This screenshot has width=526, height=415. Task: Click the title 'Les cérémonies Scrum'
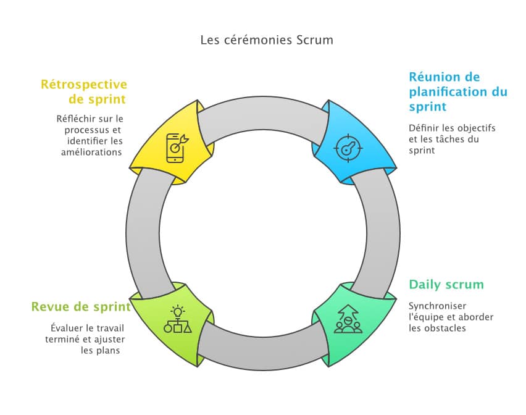coord(267,40)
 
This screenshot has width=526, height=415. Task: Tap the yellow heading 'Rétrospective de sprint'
coord(84,92)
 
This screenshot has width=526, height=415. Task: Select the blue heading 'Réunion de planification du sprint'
coord(457,92)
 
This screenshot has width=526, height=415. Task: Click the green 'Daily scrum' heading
coord(446,285)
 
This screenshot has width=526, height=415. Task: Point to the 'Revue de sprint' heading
coord(81,307)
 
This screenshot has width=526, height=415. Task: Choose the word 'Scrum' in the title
coord(315,40)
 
